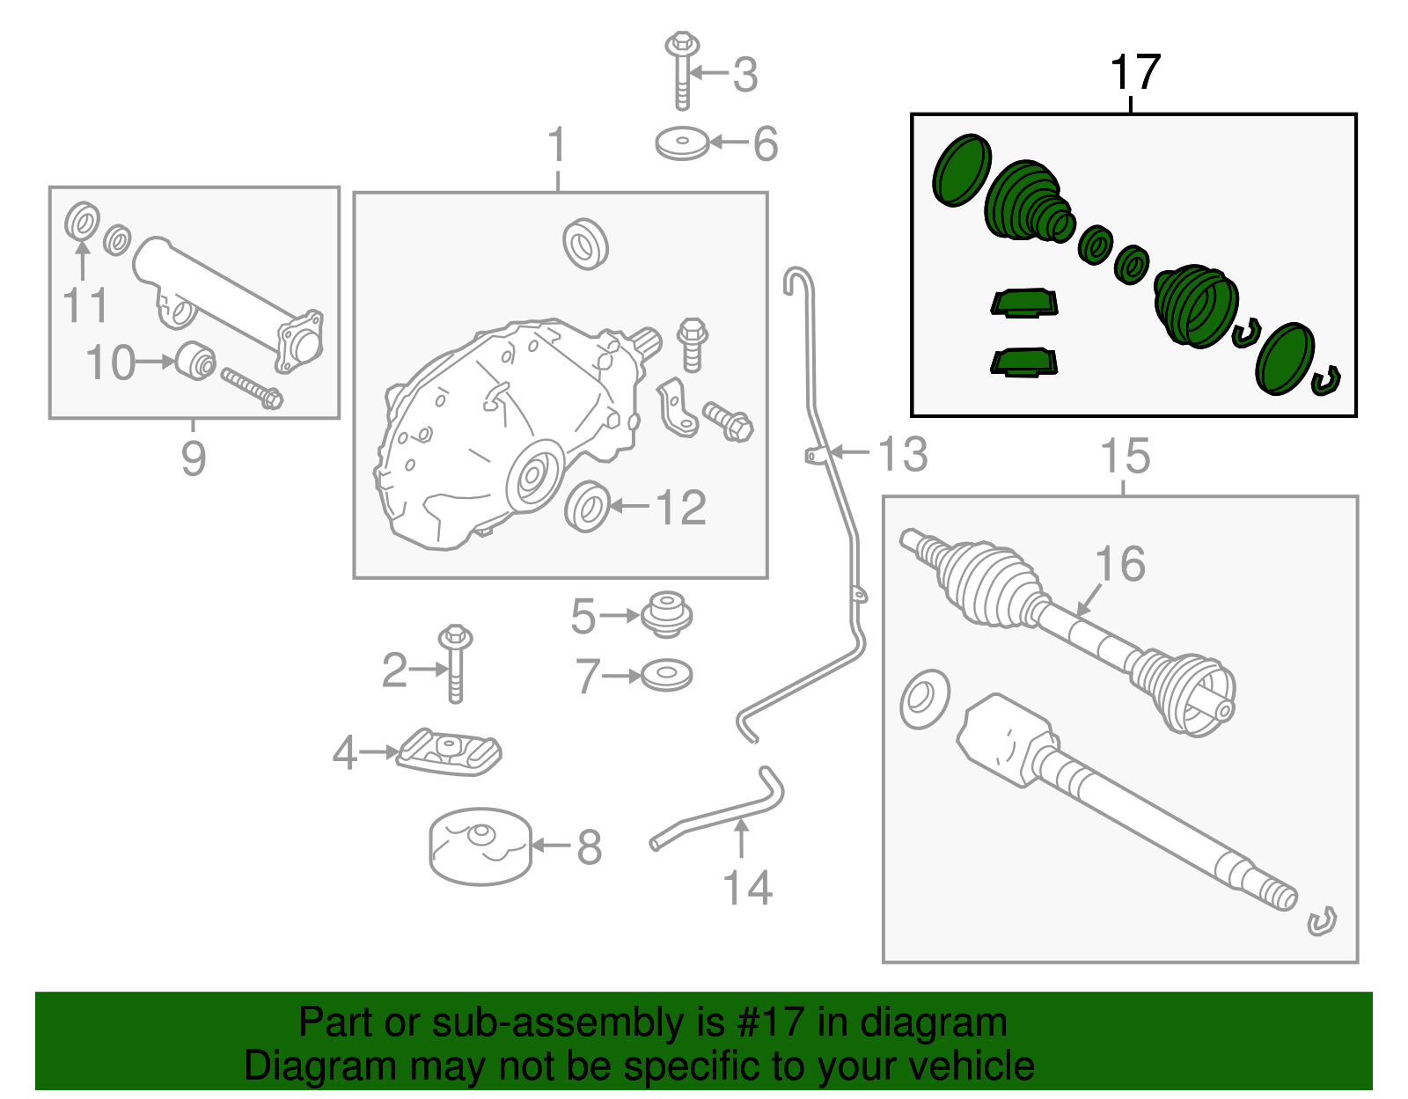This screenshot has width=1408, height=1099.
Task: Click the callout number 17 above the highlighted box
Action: click(x=1135, y=72)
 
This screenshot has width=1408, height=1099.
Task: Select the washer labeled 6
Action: click(x=682, y=144)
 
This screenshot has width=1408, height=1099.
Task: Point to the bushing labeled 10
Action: click(x=196, y=361)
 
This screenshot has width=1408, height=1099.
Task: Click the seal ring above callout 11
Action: click(x=82, y=220)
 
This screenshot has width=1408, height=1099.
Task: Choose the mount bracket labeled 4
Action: click(x=449, y=752)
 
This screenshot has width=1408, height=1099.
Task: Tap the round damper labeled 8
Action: click(x=480, y=846)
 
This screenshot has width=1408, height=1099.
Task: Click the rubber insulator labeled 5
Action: click(x=666, y=614)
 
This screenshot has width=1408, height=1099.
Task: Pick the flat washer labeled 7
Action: click(x=666, y=676)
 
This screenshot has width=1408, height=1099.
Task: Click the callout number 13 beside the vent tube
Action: click(x=903, y=454)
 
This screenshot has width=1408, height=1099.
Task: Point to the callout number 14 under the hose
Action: click(x=747, y=888)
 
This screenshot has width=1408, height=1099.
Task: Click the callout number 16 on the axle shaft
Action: click(x=1120, y=564)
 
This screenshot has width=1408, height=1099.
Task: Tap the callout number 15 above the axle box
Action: click(x=1126, y=457)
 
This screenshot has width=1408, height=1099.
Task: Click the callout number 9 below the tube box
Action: click(x=194, y=458)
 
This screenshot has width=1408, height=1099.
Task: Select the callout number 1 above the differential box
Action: click(x=557, y=145)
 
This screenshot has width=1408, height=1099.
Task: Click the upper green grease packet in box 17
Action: click(x=1024, y=303)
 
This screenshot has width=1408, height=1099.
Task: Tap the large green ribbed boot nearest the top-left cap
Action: click(x=1025, y=201)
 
